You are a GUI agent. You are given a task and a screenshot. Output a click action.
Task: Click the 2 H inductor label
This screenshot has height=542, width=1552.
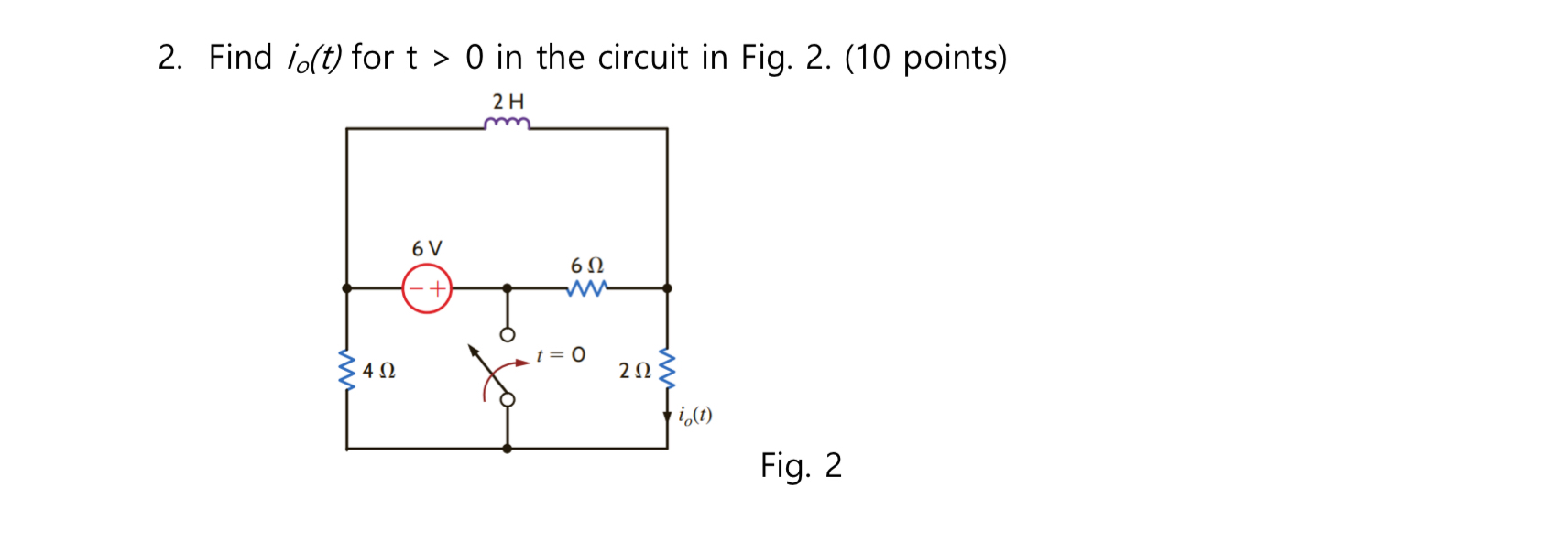[x=508, y=102]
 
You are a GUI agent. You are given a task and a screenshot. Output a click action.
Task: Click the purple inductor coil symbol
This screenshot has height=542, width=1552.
[x=507, y=124]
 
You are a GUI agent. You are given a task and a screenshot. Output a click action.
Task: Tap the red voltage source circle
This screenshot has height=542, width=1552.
[x=427, y=288]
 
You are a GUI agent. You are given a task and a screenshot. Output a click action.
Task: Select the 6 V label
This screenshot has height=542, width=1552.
[x=427, y=248]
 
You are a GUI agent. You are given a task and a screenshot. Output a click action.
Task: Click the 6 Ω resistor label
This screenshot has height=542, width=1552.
[x=587, y=266]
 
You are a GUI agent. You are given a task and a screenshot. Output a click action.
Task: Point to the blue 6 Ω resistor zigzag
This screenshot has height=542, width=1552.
[x=586, y=288]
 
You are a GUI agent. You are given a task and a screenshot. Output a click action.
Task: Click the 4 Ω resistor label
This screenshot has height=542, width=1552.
[x=378, y=371]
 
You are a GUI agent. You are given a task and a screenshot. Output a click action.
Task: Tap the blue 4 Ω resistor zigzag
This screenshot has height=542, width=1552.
[x=346, y=369]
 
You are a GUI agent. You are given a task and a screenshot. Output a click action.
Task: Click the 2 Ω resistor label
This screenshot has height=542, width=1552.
[x=634, y=371]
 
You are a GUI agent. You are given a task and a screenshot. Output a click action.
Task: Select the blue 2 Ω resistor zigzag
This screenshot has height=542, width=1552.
[x=667, y=368]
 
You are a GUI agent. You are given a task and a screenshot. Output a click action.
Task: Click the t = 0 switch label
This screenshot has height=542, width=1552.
[x=561, y=354]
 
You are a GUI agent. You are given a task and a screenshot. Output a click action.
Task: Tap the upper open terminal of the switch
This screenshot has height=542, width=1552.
[x=507, y=334]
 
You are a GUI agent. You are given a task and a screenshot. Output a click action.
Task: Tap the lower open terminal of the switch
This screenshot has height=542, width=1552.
[x=507, y=399]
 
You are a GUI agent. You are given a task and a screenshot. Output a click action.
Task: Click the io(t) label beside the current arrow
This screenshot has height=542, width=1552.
[x=695, y=415]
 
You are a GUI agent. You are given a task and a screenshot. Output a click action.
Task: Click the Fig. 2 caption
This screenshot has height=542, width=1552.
[x=800, y=465]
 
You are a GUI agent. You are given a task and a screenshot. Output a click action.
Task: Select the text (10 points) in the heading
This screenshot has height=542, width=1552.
[x=925, y=58]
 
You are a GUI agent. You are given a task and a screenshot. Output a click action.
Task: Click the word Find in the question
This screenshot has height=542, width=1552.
[x=240, y=58]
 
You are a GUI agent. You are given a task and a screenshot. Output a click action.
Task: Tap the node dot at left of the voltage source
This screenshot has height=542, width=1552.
[x=346, y=288]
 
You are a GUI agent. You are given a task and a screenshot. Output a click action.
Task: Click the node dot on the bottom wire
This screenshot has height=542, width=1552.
[x=507, y=449]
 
